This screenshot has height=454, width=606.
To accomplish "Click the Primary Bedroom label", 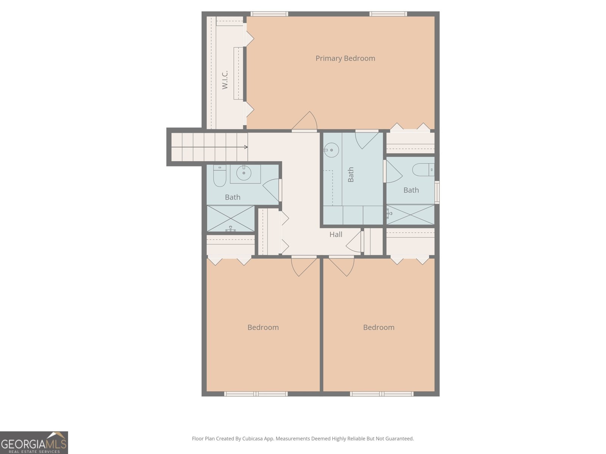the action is (345, 58).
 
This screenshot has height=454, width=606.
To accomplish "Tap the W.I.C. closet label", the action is (225, 80).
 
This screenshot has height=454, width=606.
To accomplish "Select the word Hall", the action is (336, 234).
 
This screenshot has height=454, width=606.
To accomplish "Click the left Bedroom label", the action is (263, 327).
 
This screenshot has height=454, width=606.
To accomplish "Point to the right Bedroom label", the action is (378, 327).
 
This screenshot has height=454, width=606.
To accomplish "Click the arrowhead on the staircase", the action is (246, 147).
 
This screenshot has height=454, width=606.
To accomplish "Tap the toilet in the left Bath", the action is (220, 176).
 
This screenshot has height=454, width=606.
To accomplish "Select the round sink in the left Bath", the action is (244, 173).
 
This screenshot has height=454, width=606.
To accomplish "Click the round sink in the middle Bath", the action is (331, 150).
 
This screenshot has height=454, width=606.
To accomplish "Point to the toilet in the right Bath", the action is (423, 169).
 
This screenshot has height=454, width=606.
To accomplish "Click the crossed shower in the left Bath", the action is (231, 219).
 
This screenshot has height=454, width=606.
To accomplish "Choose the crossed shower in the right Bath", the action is (410, 215).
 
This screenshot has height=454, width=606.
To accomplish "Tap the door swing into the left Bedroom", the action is (304, 266).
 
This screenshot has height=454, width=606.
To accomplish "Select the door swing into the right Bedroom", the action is (342, 266).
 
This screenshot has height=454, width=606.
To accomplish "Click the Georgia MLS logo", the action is (34, 443).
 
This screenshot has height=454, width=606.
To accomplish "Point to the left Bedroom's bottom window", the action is (256, 394).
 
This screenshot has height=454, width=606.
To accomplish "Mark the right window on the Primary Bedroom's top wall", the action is (388, 14).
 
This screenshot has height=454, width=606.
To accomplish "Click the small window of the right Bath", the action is (437, 193).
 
